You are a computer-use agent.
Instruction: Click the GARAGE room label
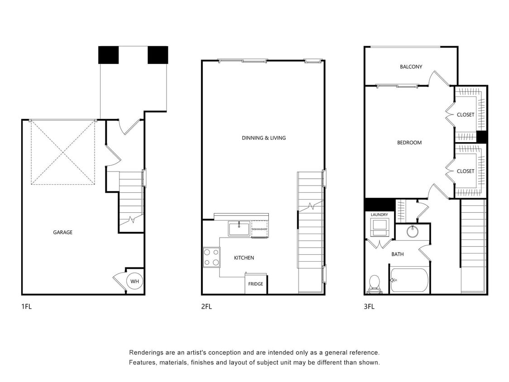point(62,232)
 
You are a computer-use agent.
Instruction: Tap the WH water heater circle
point(134,282)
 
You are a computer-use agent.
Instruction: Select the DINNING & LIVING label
point(264,138)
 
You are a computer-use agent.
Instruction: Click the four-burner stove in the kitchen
point(211,257)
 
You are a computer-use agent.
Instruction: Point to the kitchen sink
point(239,229)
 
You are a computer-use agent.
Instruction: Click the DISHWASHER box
point(259,229)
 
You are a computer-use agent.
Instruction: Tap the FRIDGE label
point(256,284)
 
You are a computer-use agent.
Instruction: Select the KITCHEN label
point(244,258)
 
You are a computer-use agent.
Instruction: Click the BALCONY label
point(411,67)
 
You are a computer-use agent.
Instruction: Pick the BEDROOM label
point(409,143)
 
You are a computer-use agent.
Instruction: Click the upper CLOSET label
point(466,115)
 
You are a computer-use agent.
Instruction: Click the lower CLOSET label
point(466,171)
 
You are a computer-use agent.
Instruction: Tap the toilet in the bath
point(374,284)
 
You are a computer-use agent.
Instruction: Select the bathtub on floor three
point(409,281)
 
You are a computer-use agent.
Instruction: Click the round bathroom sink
point(412,232)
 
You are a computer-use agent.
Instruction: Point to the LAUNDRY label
point(379,215)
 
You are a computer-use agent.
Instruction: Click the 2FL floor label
point(206,306)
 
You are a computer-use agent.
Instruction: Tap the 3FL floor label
point(369,306)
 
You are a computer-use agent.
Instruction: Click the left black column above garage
point(109,55)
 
